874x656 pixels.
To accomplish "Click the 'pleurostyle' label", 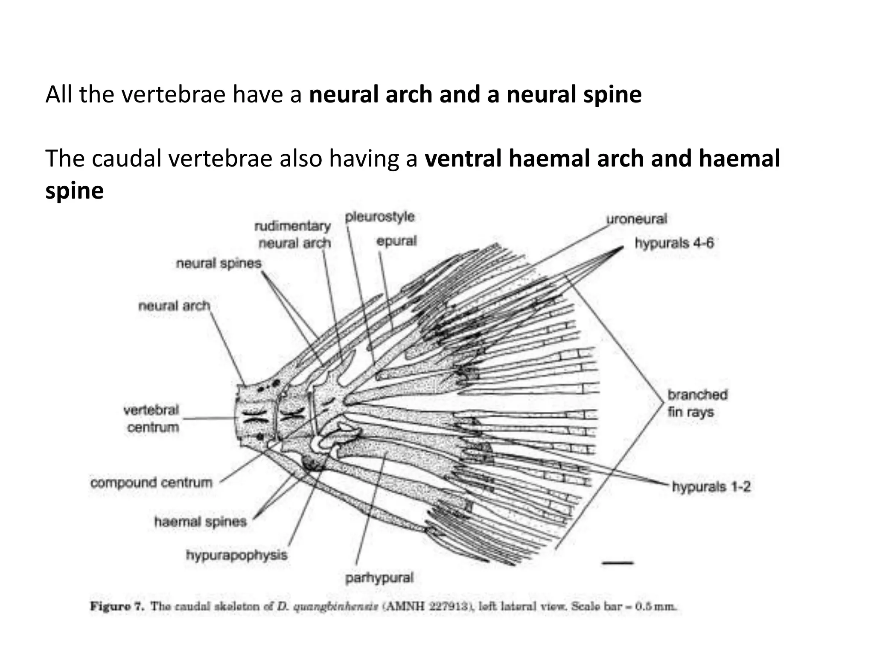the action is tap(379, 217).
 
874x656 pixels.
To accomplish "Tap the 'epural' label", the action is tap(396, 241).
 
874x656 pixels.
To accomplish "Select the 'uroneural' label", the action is tap(636, 219).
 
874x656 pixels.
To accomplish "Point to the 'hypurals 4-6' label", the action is tap(674, 243).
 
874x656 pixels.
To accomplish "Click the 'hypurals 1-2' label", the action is tap(711, 486).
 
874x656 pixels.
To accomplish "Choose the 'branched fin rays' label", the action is tap(697, 404).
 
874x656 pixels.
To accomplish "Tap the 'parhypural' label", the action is tap(379, 578).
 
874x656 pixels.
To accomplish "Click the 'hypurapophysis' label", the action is tap(236, 555).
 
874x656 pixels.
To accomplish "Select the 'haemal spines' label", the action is tap(200, 521).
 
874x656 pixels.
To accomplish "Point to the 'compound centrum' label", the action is tap(151, 483).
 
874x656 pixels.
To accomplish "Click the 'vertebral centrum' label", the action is tap(151, 419).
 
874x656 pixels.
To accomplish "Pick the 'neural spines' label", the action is tap(218, 263).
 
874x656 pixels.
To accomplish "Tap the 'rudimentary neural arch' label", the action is tap(294, 234).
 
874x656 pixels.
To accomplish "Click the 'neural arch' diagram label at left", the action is tap(174, 306).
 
